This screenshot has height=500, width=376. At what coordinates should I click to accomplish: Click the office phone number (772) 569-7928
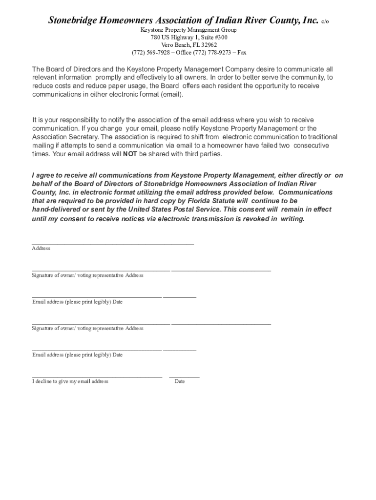click(x=150, y=52)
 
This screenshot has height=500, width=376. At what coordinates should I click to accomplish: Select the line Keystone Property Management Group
click(x=188, y=30)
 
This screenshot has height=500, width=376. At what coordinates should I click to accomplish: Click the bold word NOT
click(x=130, y=154)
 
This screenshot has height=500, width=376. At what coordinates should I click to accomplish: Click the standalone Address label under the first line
click(x=41, y=249)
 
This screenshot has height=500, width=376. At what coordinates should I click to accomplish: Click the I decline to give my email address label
click(x=70, y=381)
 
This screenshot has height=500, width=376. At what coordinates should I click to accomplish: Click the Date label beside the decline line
click(x=180, y=381)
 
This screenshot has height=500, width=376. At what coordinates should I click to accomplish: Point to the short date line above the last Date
click(x=184, y=377)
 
